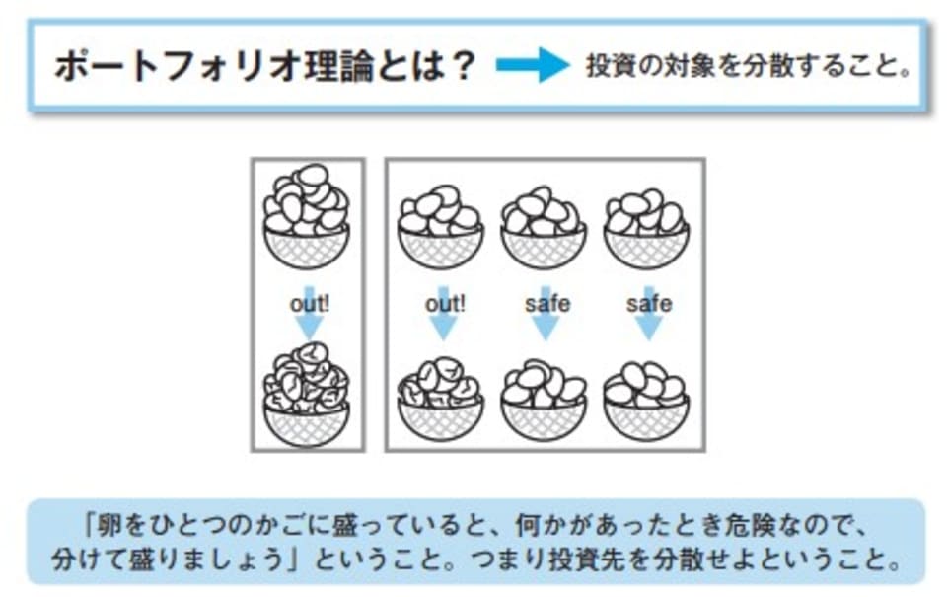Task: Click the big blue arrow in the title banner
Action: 533,67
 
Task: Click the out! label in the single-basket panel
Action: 309,304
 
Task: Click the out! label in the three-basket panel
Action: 444,304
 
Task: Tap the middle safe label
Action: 546,304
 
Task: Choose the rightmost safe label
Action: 648,304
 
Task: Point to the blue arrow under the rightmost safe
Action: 648,328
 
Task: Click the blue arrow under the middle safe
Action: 546,328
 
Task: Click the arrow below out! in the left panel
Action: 309,328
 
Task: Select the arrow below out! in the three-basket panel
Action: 444,328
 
